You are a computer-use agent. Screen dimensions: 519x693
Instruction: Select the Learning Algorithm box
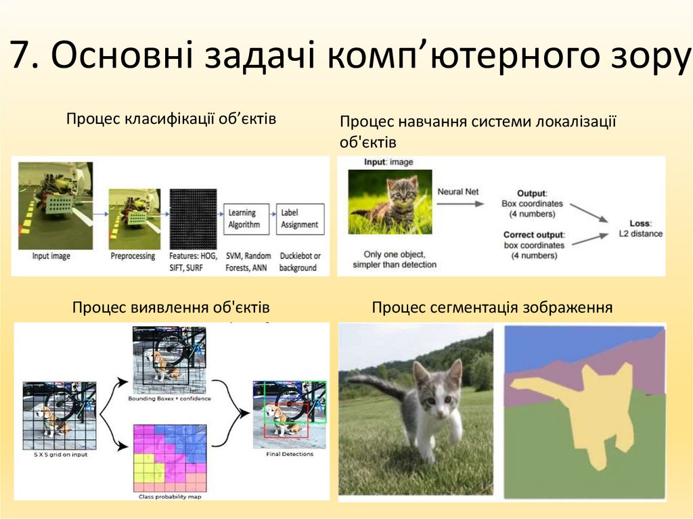pyautogui.click(x=244, y=218)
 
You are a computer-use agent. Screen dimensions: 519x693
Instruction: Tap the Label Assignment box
pyautogui.click(x=299, y=218)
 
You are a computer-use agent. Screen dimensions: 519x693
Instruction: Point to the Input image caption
pyautogui.click(x=51, y=256)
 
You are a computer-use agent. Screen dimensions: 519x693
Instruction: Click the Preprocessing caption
pyautogui.click(x=133, y=256)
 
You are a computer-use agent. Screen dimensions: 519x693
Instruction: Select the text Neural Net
pyautogui.click(x=457, y=191)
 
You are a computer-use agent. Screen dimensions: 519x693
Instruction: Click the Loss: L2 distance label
pyautogui.click(x=640, y=229)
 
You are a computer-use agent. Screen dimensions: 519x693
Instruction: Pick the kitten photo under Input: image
pyautogui.click(x=390, y=201)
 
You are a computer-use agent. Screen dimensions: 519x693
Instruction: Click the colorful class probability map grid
pyautogui.click(x=170, y=458)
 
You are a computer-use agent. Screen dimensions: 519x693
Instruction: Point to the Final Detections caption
pyautogui.click(x=288, y=454)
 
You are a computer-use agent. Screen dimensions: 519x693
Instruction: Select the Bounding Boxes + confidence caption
pyautogui.click(x=169, y=399)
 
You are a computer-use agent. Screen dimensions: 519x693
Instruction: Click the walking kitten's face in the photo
pyautogui.click(x=435, y=399)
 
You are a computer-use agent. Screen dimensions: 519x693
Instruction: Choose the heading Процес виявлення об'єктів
pyautogui.click(x=171, y=308)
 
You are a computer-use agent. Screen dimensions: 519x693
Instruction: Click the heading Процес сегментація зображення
pyautogui.click(x=492, y=308)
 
